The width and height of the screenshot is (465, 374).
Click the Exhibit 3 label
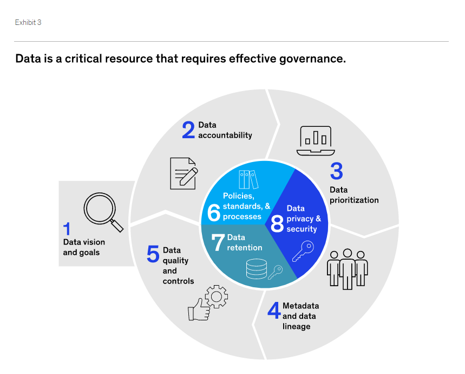click(x=28, y=22)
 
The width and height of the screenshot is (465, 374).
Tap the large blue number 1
click(x=67, y=229)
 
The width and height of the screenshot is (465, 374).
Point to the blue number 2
click(x=188, y=130)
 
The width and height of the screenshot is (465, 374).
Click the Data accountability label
click(x=225, y=130)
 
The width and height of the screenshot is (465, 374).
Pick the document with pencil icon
click(x=183, y=173)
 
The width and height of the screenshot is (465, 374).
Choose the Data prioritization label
click(x=354, y=195)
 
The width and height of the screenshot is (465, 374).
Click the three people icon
click(x=347, y=268)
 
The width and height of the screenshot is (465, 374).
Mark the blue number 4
click(x=274, y=310)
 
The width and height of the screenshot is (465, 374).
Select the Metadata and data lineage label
click(x=300, y=316)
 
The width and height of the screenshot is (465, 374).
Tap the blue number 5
click(x=153, y=254)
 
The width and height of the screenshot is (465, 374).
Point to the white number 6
click(x=214, y=213)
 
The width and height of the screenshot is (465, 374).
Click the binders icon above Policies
click(x=248, y=179)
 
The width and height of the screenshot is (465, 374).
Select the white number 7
click(x=218, y=243)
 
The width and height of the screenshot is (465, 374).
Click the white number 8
click(x=277, y=223)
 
